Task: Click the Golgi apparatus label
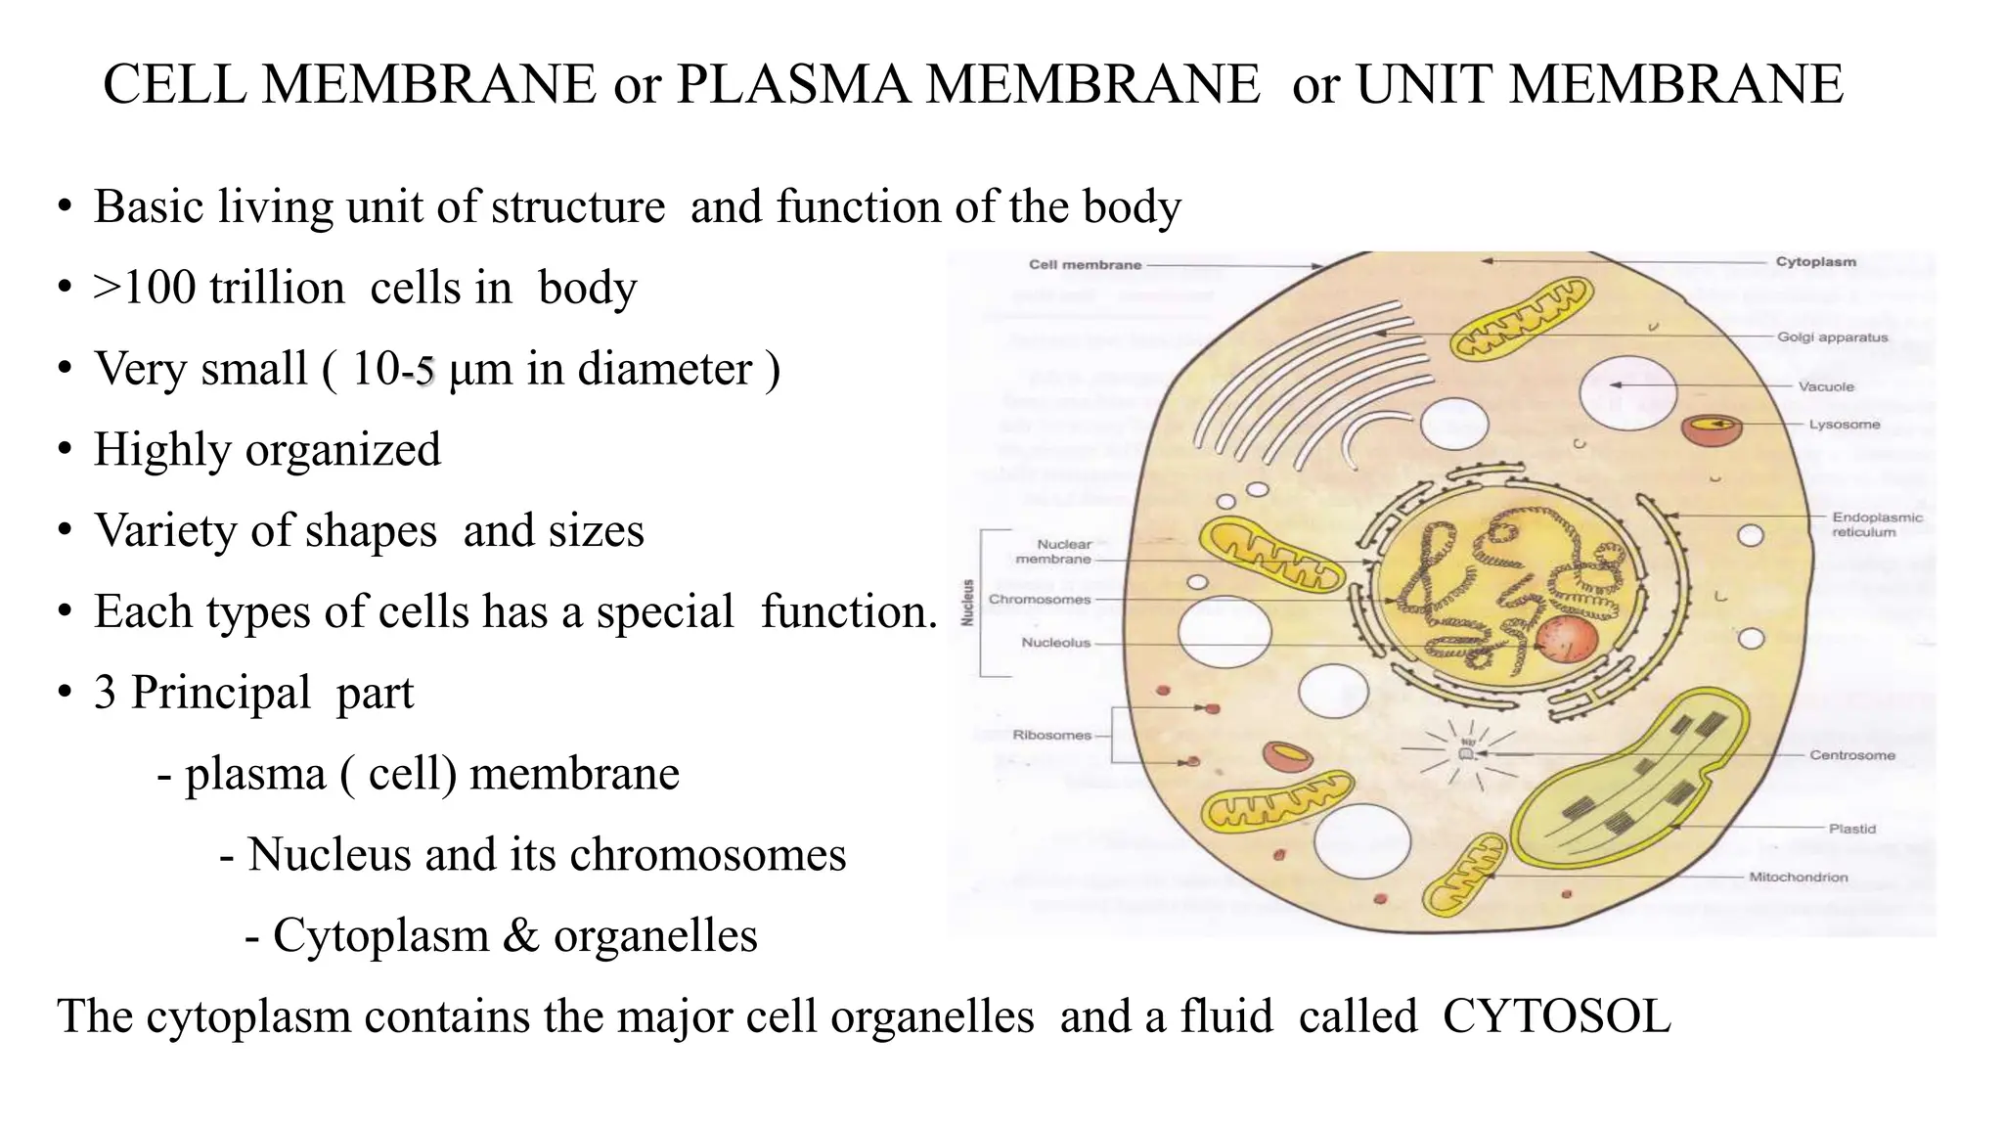tap(1832, 338)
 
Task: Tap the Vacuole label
tap(1825, 386)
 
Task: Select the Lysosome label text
tap(1844, 425)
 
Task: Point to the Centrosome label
tap(1851, 755)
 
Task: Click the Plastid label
tap(1851, 829)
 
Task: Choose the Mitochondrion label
tap(1798, 878)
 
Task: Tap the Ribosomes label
tap(1051, 735)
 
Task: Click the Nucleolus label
tap(1055, 643)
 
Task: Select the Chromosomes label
tap(1039, 599)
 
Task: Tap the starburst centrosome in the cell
tap(1464, 754)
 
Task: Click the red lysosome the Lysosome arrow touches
tap(1712, 430)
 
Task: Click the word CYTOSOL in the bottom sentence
tap(1556, 1015)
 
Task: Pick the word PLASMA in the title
tap(791, 84)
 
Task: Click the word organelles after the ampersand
tap(655, 935)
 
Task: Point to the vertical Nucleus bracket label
tap(968, 603)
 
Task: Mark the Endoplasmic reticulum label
tap(1877, 524)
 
